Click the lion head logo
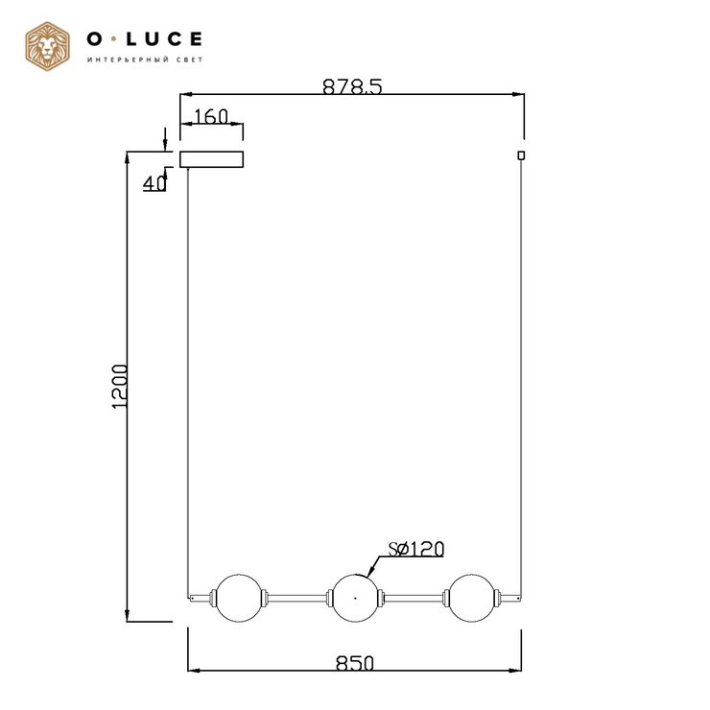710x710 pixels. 48,47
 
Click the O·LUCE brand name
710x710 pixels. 145,39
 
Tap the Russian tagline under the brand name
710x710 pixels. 145,59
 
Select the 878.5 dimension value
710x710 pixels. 352,86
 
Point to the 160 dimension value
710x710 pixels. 211,117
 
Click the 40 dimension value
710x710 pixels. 154,183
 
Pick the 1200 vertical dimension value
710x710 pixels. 120,387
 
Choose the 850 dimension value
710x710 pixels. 355,663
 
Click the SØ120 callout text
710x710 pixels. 416,549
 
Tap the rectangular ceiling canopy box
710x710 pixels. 211,159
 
